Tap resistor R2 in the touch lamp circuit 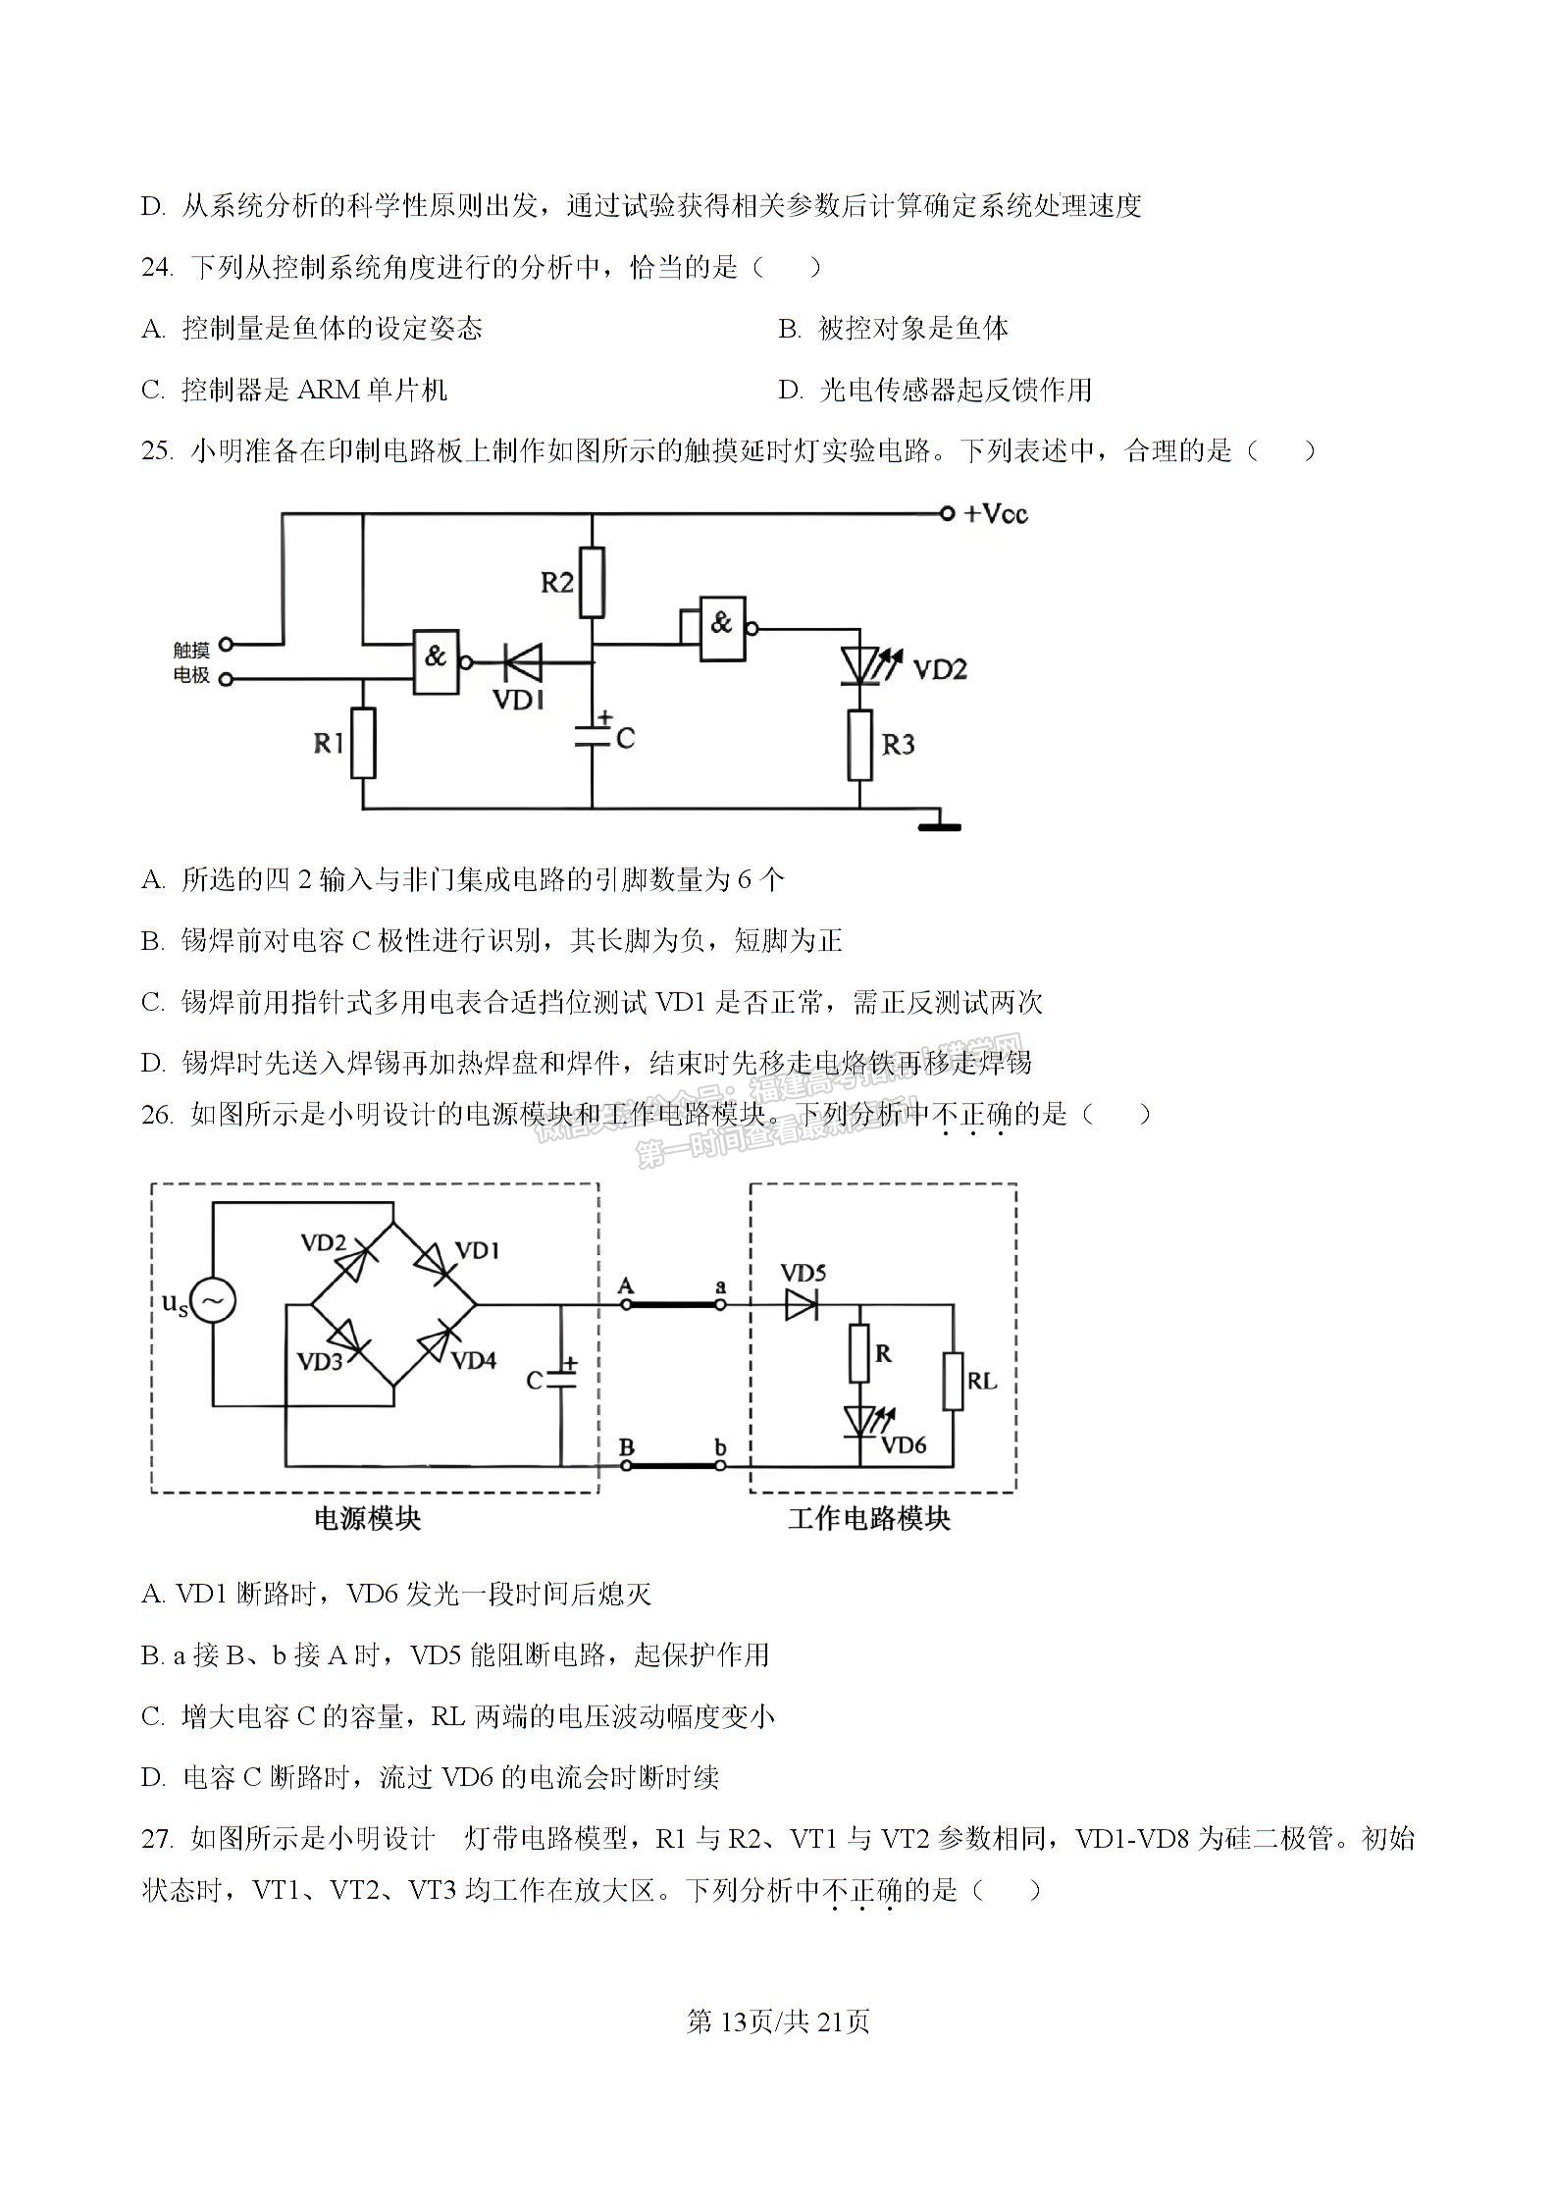pos(591,583)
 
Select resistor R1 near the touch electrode pos(363,743)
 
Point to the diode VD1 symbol pos(522,662)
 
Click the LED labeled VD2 pos(860,666)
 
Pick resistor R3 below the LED pos(860,745)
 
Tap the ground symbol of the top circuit pos(939,825)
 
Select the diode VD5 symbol pos(803,1305)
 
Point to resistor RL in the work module pos(953,1382)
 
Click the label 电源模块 pos(367,1519)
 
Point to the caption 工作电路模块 pos(869,1519)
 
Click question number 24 pos(157,267)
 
